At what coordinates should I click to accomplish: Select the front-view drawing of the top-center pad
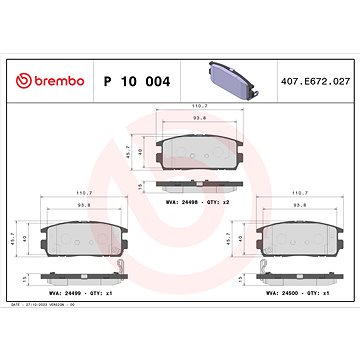(x=200, y=148)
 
